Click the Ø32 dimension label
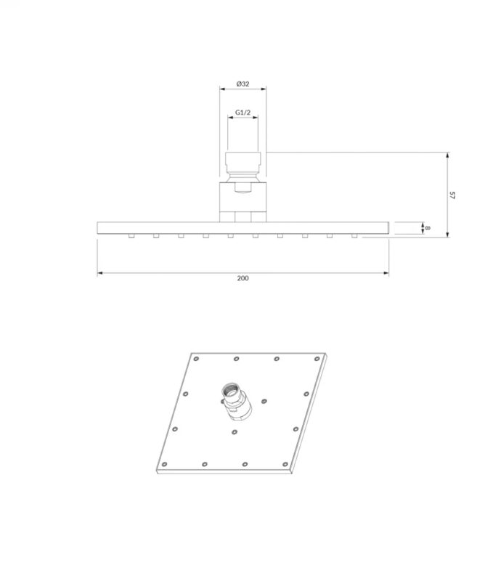(242, 84)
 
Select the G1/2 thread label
(242, 113)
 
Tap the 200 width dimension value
(242, 278)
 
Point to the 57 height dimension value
(452, 195)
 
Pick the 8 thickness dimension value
(428, 228)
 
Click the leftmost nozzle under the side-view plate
(131, 235)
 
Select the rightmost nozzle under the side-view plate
(354, 235)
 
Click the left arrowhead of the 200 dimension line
(100, 274)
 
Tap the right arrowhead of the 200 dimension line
(386, 274)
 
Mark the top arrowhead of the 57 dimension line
(448, 155)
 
